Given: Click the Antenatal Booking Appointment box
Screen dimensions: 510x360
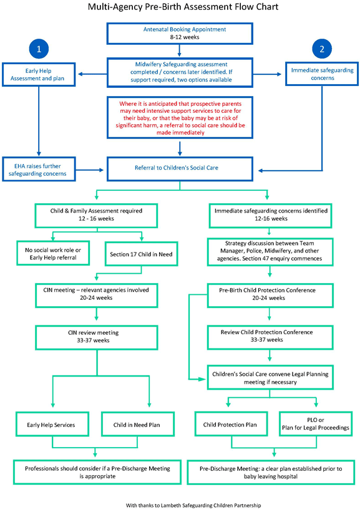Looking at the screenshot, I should (179, 33).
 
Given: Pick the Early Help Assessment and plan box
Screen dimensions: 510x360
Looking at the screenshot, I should (39, 75).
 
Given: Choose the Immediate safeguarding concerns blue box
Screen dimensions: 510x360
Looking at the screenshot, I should (321, 72).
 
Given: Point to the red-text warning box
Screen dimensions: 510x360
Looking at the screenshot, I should (180, 117).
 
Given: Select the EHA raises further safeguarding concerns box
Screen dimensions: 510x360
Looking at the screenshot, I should (39, 168).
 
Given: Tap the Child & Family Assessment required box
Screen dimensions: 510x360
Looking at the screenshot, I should (96, 214).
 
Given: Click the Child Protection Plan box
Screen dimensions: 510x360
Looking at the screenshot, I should (231, 424).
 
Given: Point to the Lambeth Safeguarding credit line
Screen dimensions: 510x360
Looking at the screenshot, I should (180, 503).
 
